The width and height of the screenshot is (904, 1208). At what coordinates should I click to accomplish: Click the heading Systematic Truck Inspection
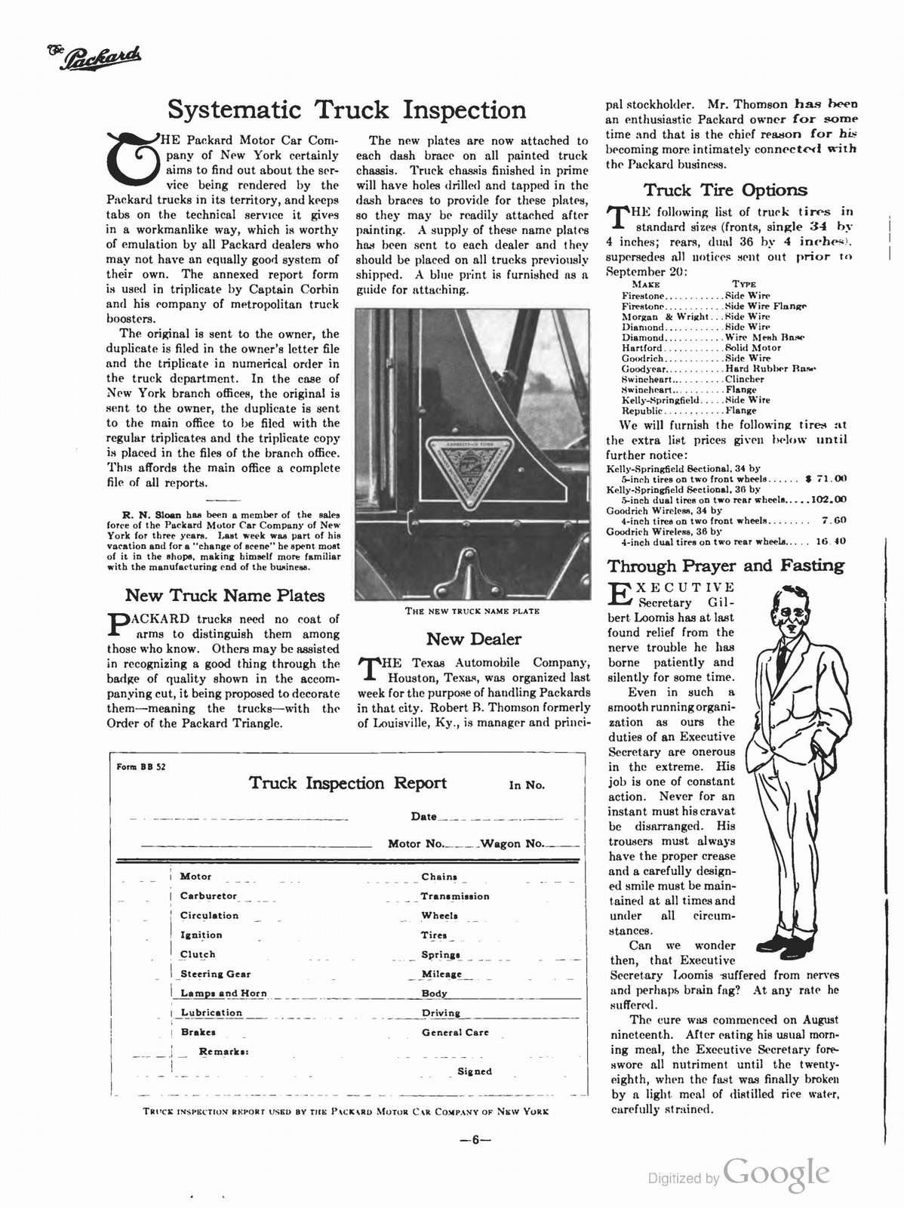pyautogui.click(x=346, y=110)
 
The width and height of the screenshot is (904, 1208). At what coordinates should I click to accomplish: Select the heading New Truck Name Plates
pyautogui.click(x=224, y=596)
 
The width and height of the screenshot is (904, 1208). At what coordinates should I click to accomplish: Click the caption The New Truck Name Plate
pyautogui.click(x=472, y=611)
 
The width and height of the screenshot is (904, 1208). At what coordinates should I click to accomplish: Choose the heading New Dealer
pyautogui.click(x=473, y=639)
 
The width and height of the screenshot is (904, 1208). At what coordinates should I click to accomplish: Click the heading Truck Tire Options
pyautogui.click(x=724, y=190)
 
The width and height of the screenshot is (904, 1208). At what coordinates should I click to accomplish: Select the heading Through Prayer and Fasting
pyautogui.click(x=726, y=565)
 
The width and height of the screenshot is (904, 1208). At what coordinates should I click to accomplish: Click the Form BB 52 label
pyautogui.click(x=141, y=766)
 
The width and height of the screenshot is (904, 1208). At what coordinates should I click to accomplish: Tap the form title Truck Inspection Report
pyautogui.click(x=348, y=783)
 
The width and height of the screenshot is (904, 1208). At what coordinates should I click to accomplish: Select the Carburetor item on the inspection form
pyautogui.click(x=208, y=896)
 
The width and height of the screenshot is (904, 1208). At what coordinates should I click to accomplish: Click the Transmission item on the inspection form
pyautogui.click(x=455, y=896)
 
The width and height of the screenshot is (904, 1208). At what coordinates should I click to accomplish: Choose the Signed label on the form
pyautogui.click(x=475, y=1071)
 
